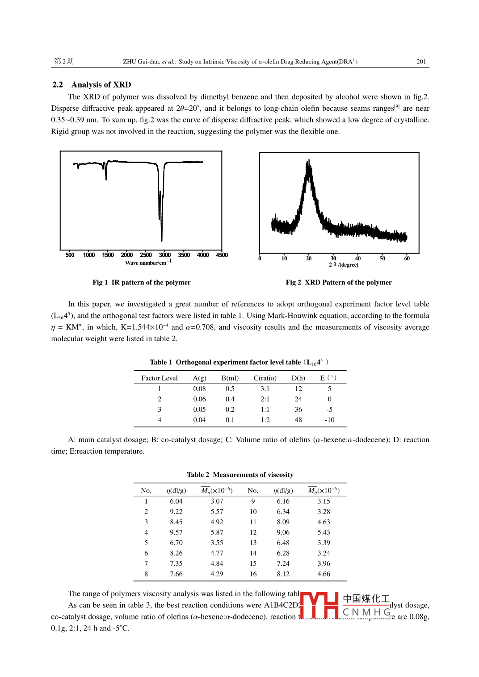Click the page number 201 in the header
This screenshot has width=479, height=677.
(421, 62)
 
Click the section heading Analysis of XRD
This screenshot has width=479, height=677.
(101, 85)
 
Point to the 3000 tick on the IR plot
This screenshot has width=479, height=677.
(165, 255)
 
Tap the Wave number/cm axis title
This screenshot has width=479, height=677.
(147, 263)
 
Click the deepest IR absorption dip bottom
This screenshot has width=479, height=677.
(161, 240)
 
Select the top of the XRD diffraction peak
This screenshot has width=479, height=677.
(308, 161)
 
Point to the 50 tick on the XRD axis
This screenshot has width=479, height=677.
(382, 259)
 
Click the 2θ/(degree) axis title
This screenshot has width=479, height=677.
(344, 265)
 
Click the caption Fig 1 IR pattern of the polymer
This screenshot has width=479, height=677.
(141, 283)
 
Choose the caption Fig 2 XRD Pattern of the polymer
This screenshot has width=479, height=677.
(339, 283)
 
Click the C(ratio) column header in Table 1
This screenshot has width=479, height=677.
(265, 378)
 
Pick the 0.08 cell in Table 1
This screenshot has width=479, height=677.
(199, 389)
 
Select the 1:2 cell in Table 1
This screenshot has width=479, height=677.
(265, 420)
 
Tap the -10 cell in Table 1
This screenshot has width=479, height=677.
(329, 420)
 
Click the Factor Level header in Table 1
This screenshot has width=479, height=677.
(160, 378)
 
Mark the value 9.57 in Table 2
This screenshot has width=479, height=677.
(176, 532)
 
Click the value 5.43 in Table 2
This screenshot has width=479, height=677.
(324, 532)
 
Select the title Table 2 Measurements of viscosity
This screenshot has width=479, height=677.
(240, 475)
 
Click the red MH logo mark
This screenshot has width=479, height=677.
(319, 606)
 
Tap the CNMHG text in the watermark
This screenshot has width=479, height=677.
(366, 612)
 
